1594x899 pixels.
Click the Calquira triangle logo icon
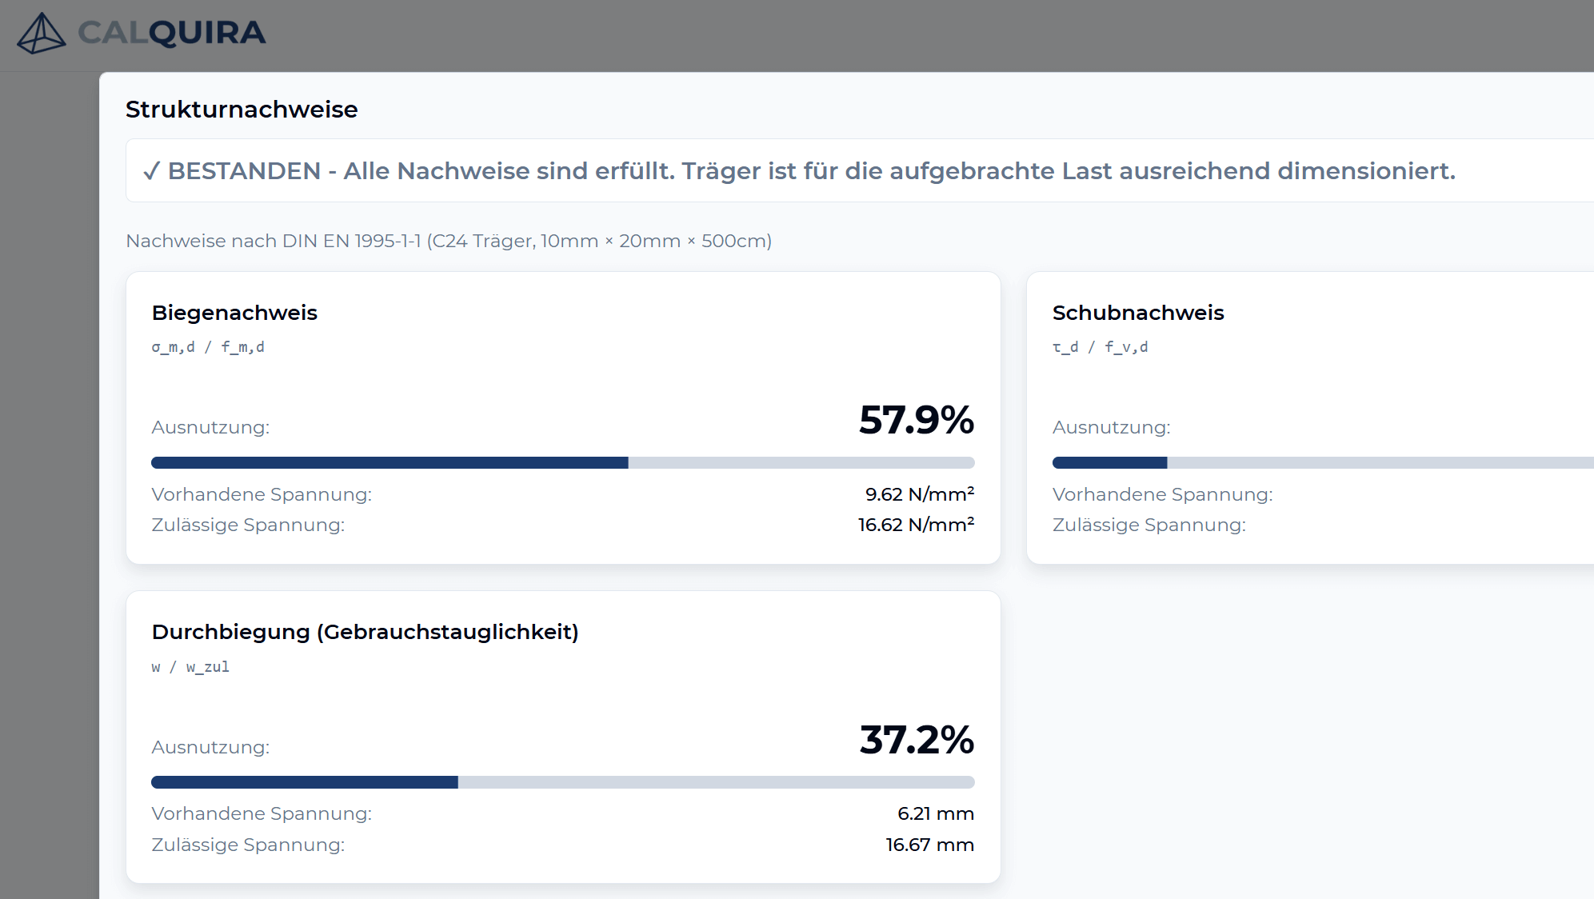(41, 34)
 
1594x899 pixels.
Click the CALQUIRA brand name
(171, 33)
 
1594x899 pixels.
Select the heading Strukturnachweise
(242, 110)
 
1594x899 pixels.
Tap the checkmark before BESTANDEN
(151, 171)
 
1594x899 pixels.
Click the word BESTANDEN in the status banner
(244, 171)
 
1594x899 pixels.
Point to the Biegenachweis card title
(234, 313)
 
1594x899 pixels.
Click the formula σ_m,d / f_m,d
(208, 347)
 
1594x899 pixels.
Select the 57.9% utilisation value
(916, 420)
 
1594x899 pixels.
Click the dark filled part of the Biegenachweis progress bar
(390, 463)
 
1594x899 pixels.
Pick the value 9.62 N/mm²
(919, 494)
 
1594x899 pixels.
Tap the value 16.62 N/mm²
(916, 525)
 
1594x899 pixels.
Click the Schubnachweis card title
(1137, 313)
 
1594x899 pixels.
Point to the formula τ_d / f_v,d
(1100, 347)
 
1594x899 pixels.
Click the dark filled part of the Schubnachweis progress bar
(1109, 463)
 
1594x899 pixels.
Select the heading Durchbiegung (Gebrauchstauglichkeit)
(365, 632)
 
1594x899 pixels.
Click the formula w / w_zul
(190, 667)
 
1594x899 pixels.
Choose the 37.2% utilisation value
(916, 740)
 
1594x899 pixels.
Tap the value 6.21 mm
(935, 813)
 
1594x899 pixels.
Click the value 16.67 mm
(929, 845)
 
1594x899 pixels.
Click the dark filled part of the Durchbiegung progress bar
(304, 782)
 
